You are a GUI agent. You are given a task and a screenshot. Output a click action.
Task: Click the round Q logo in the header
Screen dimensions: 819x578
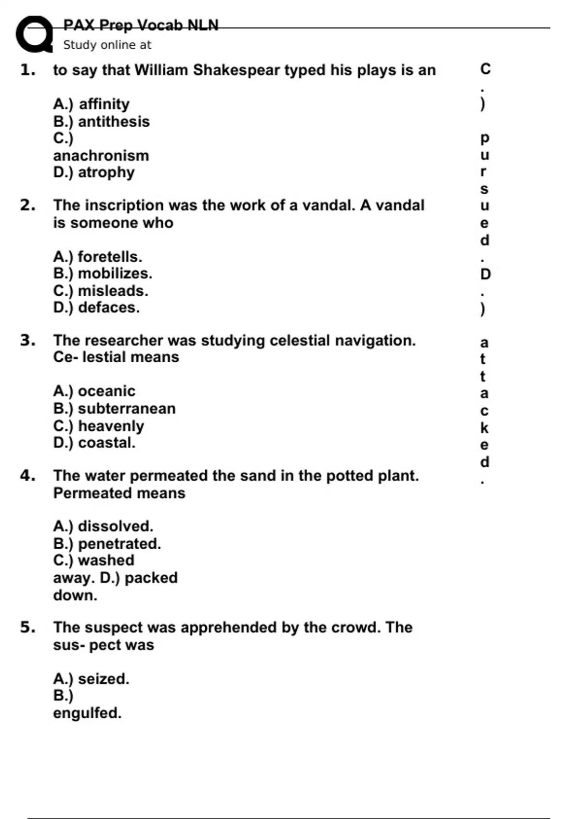34,34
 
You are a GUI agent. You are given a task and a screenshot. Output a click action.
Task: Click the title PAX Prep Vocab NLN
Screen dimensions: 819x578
141,25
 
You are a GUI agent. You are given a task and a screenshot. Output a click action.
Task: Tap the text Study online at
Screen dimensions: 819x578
107,45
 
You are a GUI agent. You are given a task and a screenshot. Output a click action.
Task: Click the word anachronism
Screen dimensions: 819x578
101,156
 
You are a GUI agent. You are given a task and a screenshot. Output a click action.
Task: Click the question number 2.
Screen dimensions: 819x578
27,205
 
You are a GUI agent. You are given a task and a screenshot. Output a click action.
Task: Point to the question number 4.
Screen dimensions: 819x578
27,476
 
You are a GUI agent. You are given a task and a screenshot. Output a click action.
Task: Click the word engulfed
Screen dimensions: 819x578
87,713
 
